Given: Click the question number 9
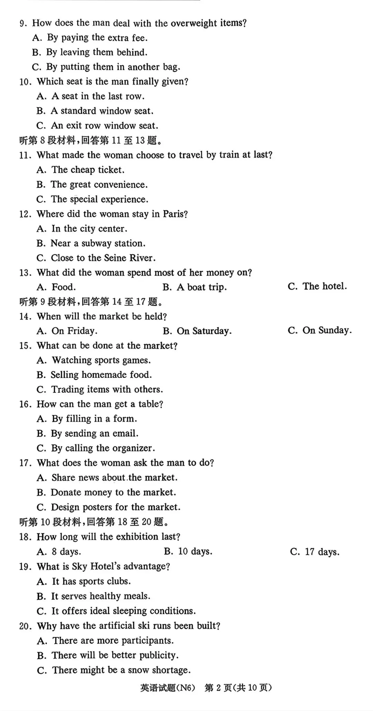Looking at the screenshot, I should click(x=23, y=23).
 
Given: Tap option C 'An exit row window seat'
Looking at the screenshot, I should click(x=104, y=126).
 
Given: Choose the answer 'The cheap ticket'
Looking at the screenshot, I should click(x=88, y=170).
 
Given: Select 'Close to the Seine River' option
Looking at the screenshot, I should click(x=103, y=258).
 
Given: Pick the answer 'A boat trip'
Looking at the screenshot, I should click(x=201, y=287).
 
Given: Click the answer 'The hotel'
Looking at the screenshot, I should click(x=324, y=286).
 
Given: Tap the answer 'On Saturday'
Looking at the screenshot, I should click(x=204, y=331).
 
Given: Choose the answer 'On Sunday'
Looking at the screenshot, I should click(x=327, y=330).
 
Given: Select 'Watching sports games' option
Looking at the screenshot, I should click(x=101, y=361).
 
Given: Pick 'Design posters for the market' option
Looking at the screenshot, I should click(x=115, y=507).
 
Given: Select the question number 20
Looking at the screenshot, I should click(x=26, y=626).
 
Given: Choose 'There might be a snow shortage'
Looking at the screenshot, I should click(x=121, y=670).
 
